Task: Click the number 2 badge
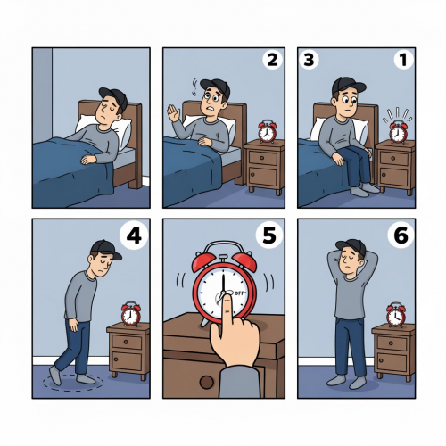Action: pyautogui.click(x=270, y=61)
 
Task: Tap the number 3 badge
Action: pyautogui.click(x=310, y=61)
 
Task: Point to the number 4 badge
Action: pyautogui.click(x=134, y=236)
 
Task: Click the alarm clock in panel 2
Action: pyautogui.click(x=266, y=131)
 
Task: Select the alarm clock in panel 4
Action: pyautogui.click(x=131, y=313)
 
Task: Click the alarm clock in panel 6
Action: pyautogui.click(x=394, y=314)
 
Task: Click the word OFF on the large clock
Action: pyautogui.click(x=241, y=291)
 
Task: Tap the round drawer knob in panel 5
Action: pyautogui.click(x=207, y=382)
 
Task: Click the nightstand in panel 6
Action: pyautogui.click(x=392, y=350)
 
